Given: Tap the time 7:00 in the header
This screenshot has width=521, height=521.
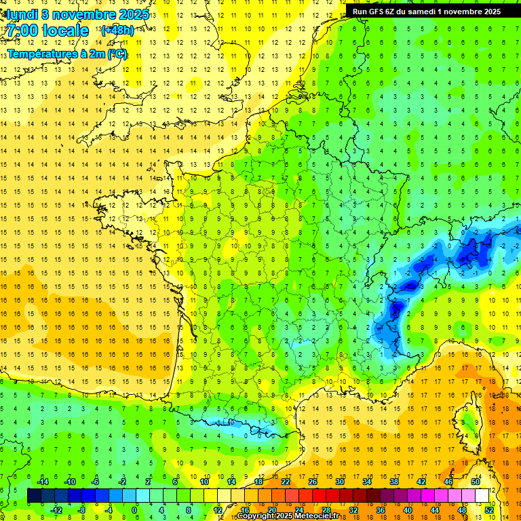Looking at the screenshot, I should (25, 31).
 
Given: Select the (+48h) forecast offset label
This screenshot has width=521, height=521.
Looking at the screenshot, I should (117, 31).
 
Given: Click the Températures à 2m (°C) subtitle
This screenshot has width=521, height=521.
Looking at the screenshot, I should (67, 54).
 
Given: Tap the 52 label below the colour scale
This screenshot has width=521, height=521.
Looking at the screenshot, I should (489, 510).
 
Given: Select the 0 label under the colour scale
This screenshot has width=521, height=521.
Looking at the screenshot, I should (134, 510).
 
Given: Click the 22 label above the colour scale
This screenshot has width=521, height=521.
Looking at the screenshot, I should (286, 482).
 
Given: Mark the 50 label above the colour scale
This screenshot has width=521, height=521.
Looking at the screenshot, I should (476, 482).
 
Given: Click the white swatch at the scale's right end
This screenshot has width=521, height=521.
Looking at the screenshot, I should (482, 496).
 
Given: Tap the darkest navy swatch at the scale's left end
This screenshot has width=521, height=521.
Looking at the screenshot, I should (34, 496).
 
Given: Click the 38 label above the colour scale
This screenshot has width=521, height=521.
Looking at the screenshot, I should (394, 482).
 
